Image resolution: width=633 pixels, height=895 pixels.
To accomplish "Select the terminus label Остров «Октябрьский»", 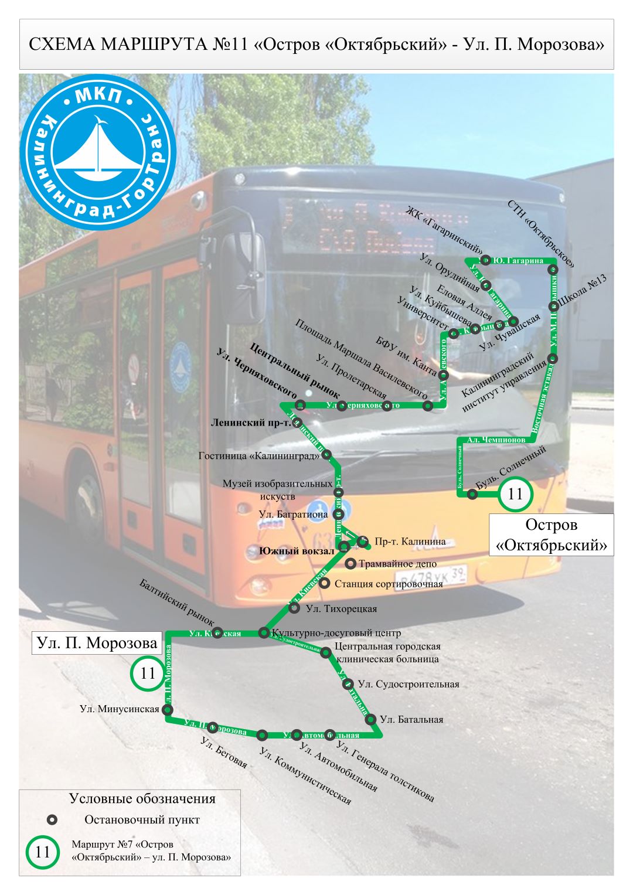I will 551,535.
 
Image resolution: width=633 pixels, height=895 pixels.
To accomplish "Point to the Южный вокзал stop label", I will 297,551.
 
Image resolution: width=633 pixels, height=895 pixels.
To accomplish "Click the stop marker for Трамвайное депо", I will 350,564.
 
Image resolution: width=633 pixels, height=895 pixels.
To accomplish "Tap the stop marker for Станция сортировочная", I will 324,584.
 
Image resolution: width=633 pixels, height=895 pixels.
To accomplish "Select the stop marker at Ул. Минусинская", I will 168,710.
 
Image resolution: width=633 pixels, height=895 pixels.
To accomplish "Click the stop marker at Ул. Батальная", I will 370,719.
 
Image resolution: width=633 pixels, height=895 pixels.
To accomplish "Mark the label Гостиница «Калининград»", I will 259,455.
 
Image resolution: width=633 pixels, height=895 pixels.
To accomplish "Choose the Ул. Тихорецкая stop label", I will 341,609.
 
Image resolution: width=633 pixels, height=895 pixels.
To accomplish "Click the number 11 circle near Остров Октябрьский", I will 515,494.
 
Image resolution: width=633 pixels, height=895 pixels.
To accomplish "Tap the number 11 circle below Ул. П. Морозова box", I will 147,673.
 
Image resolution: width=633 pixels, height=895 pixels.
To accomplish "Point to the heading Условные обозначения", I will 142,798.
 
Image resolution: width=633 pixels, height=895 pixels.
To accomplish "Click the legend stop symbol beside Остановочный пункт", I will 52,820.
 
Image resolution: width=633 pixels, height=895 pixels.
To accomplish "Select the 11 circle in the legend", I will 43,852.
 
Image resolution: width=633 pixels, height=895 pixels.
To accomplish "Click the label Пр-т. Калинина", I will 410,542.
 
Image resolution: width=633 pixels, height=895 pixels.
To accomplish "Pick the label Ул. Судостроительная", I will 409,684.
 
